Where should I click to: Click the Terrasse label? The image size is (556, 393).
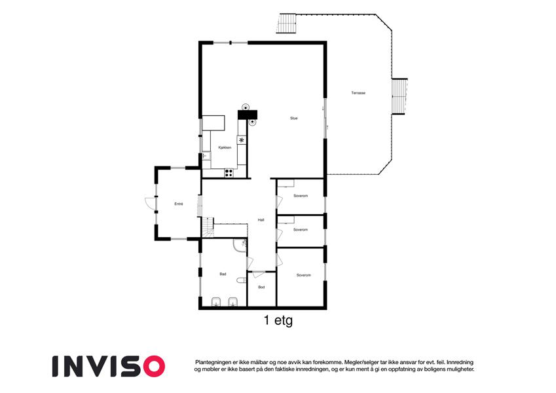tap(358, 93)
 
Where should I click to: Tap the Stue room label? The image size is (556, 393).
tap(293, 118)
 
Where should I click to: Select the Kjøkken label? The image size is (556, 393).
tap(225, 147)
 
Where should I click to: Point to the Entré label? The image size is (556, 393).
tap(179, 204)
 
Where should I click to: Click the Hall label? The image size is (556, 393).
tap(261, 220)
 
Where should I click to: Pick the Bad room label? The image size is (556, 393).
tap(223, 274)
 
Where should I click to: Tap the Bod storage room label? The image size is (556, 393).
tap(261, 287)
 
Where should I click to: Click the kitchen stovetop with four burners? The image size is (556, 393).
tap(229, 173)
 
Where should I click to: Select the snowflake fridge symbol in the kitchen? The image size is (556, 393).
tap(242, 140)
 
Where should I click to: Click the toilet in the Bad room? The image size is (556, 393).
tap(242, 280)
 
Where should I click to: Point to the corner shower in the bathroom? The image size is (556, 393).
tap(240, 246)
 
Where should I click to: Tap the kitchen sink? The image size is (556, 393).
tap(206, 156)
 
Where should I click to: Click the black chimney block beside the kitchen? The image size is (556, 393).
tap(248, 115)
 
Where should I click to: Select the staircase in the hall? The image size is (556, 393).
tap(208, 227)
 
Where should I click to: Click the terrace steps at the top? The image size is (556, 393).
tap(286, 24)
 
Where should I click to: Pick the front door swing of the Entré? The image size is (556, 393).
tap(151, 203)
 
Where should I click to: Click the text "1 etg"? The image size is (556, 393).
tap(278, 321)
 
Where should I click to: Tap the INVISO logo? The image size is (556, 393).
tap(109, 366)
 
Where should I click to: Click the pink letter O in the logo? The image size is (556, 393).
tap(153, 366)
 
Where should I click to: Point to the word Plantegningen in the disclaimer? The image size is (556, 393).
tap(213, 362)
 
